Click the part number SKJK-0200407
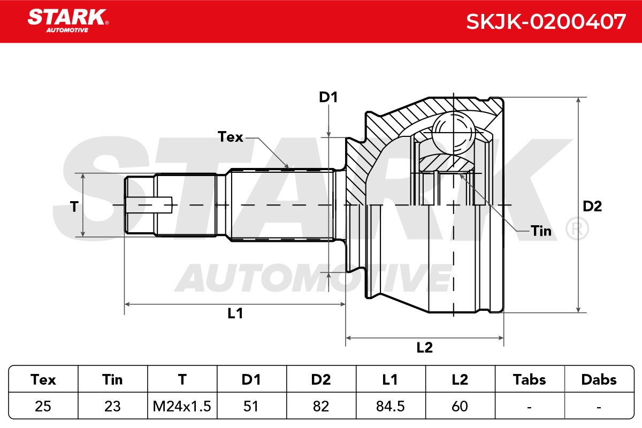546,22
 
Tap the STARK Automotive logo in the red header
68,21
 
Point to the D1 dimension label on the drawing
328,97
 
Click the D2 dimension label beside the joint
592,207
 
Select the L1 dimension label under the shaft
235,314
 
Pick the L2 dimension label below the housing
424,347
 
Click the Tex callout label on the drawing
231,137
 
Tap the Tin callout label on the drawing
541,231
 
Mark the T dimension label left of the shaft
74,207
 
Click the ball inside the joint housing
453,133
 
